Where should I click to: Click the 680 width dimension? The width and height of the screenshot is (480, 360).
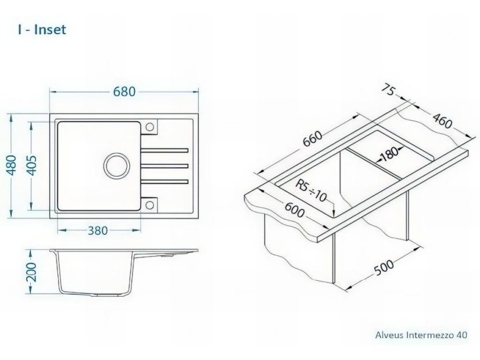(124, 92)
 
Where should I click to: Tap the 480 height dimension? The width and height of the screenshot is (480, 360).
(12, 165)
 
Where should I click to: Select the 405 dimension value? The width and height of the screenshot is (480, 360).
(31, 165)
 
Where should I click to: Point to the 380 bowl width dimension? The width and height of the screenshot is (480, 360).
(98, 231)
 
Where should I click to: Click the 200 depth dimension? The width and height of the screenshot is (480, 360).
(31, 272)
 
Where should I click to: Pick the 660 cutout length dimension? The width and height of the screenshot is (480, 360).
(313, 139)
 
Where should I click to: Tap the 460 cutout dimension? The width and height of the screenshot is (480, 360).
(442, 121)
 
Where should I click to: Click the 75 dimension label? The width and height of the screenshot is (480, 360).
(389, 90)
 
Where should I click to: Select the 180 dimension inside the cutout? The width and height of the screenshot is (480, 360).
(389, 154)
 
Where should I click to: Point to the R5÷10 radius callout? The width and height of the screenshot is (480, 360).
(311, 191)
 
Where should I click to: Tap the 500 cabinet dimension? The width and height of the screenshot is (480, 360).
(385, 267)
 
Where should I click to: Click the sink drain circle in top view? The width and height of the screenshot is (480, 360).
(117, 165)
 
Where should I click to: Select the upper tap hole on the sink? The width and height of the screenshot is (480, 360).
(150, 127)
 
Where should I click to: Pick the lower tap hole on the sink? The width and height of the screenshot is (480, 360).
(150, 204)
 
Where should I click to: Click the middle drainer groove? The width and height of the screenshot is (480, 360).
(164, 166)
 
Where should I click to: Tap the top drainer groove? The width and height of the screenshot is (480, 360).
(164, 150)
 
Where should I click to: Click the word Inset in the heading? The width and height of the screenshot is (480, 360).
(50, 30)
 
